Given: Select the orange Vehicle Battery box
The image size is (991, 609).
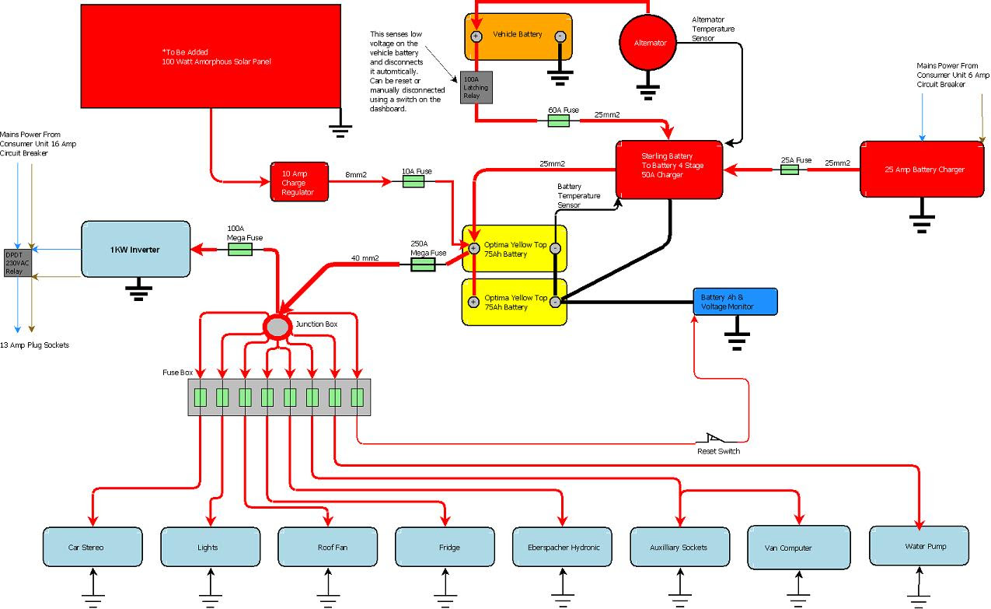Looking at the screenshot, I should pos(518,36).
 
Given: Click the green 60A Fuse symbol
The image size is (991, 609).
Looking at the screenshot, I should pos(564,121).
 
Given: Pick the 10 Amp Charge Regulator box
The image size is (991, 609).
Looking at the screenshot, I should pos(298,183).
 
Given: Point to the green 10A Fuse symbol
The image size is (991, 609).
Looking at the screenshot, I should pos(413,181).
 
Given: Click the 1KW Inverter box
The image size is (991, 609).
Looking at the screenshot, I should pos(135,249).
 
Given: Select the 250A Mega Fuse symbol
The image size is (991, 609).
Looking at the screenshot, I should pos(422,265).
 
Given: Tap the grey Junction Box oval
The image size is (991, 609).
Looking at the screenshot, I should pos(277,327).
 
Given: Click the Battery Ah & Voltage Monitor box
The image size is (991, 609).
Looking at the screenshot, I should pos(735,302).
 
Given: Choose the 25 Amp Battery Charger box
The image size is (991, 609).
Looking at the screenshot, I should pos(922,170).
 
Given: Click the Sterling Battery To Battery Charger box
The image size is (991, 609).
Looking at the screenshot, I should pos(669,170).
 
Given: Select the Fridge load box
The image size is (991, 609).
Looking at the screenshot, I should pos(448,547).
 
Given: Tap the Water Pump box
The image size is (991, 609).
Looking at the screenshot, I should pos(919,546).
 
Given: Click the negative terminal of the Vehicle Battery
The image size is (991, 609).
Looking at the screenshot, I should pos(560,36).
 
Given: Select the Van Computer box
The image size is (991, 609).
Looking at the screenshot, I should pos(797,547).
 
